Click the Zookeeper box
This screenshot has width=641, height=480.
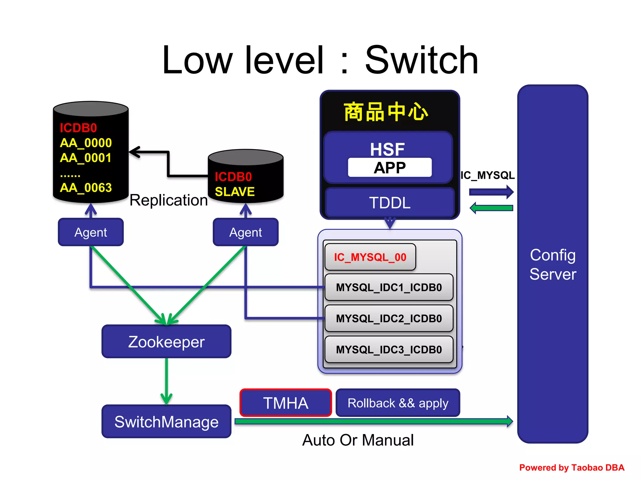[x=166, y=342]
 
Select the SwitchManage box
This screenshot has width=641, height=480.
[x=166, y=422]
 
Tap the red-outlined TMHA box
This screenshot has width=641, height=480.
[x=285, y=403]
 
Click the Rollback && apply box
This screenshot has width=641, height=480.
[x=397, y=403]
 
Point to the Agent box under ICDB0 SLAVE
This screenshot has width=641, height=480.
[x=245, y=232]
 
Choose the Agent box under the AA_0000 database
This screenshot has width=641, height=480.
[x=91, y=232]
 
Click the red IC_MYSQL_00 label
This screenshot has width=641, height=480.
[x=370, y=257]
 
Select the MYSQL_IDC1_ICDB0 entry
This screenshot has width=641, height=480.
[x=389, y=287]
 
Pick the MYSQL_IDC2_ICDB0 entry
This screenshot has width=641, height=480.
[x=389, y=318]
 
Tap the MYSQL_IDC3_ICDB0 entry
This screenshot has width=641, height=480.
[x=389, y=349]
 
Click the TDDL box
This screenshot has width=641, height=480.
[x=390, y=203]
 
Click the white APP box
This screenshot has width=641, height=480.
[x=390, y=168]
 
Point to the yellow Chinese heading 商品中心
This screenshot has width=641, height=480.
[x=386, y=112]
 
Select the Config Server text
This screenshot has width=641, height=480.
[x=553, y=264]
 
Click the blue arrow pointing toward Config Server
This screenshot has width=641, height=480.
[x=491, y=192]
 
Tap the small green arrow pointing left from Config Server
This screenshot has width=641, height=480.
[x=491, y=208]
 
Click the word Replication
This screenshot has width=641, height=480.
[x=168, y=200]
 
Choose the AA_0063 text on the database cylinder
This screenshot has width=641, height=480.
[x=86, y=187]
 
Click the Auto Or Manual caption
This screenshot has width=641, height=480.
[x=358, y=440]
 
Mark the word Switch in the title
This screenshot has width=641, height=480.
[x=421, y=60]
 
